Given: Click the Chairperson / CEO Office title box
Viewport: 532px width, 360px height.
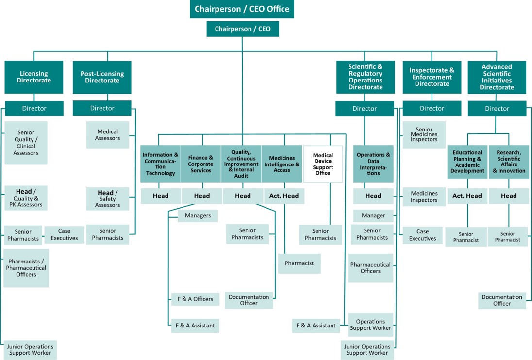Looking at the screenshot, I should tap(242, 9).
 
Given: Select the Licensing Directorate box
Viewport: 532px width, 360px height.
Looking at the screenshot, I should tap(34, 77).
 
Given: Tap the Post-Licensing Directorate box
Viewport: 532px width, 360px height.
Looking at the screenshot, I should tap(102, 77).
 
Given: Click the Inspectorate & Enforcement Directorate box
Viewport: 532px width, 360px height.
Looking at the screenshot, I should tap(432, 77).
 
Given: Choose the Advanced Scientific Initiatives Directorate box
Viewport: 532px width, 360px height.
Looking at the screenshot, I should tap(497, 77).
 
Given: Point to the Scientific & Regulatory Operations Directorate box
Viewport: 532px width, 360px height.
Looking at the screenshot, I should tap(365, 77).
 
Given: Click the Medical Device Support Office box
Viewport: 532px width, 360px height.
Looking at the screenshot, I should tap(323, 164).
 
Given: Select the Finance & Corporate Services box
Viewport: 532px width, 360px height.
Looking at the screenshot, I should tap(201, 164).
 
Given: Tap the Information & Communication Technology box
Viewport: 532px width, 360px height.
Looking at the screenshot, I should tap(160, 164).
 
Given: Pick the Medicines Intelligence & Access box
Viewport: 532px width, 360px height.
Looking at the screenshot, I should tap(282, 164).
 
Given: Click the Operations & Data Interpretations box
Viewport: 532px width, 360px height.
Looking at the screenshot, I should tap(373, 164).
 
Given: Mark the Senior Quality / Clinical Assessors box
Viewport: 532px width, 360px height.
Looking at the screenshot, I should tap(26, 143).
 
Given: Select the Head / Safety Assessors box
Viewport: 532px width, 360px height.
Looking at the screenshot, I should tap(108, 198).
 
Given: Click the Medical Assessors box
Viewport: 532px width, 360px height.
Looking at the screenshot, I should tap(108, 135).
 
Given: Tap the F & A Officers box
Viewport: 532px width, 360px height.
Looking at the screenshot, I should tap(195, 299).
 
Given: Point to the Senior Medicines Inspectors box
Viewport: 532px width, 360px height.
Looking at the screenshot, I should tap(424, 135).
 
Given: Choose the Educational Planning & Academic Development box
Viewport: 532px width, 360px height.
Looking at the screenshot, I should tap(467, 162).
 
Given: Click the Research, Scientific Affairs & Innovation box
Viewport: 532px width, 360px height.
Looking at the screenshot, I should tap(509, 162).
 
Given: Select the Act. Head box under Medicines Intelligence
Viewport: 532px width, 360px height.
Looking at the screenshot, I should tap(284, 196).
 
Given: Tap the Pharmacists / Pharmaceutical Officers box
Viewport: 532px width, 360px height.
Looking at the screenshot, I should tap(26, 268).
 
